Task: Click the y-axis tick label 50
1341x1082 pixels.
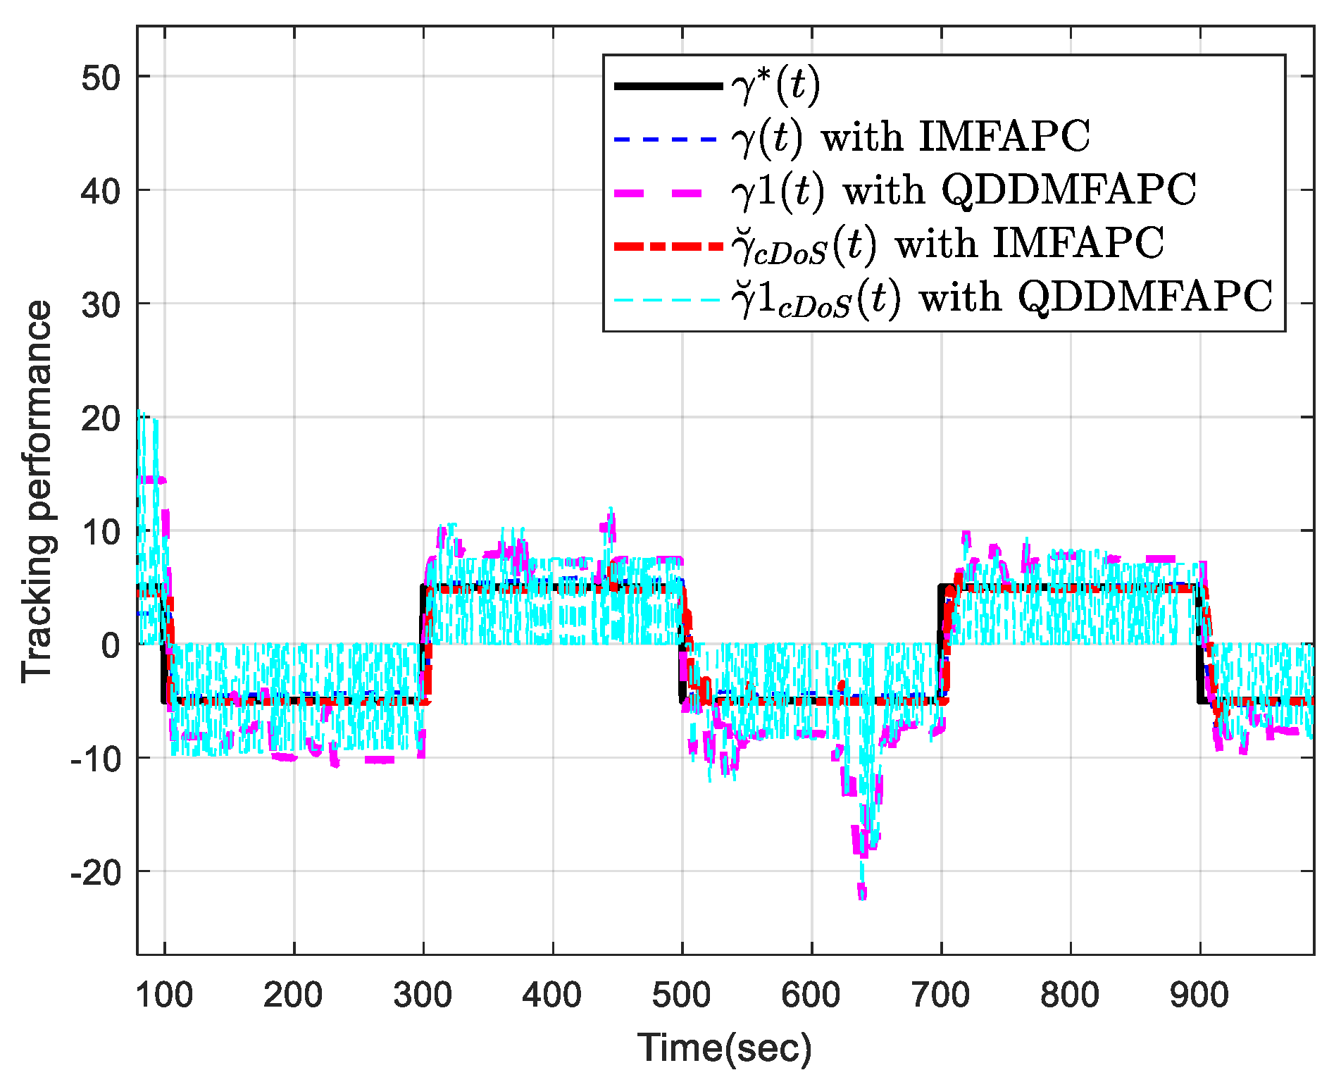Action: click(x=101, y=77)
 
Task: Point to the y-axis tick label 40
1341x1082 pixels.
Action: click(x=101, y=190)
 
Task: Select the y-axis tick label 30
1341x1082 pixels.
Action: click(x=101, y=304)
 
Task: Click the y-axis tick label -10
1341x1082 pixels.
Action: click(x=96, y=759)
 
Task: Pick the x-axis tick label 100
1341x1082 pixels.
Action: click(x=164, y=995)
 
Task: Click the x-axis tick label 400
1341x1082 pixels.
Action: click(x=552, y=995)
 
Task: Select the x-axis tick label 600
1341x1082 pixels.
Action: click(x=811, y=995)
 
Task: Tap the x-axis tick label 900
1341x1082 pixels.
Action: click(x=1199, y=995)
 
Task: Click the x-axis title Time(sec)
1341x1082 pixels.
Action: click(x=725, y=1047)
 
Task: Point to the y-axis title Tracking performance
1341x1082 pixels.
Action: click(x=37, y=491)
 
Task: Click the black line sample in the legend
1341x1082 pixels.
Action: click(x=668, y=86)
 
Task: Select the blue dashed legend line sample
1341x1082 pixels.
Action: click(x=668, y=139)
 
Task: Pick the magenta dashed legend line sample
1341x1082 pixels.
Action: click(x=668, y=193)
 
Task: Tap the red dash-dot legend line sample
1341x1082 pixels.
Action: click(x=668, y=246)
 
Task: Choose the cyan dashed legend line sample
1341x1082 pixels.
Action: click(x=668, y=300)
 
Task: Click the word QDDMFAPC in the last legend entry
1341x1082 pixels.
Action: click(x=1146, y=297)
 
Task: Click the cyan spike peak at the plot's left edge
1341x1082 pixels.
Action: click(x=141, y=411)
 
